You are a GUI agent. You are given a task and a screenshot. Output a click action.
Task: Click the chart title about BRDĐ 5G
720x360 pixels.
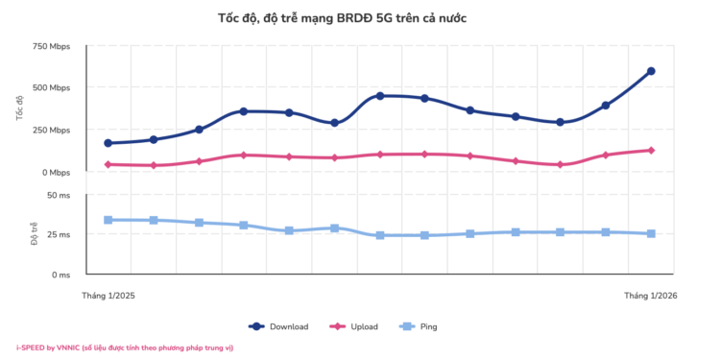pyautogui.click(x=342, y=18)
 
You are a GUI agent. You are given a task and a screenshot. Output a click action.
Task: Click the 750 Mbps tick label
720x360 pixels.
pyautogui.click(x=51, y=46)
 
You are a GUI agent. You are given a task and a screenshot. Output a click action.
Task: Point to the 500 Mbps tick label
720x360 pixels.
pyautogui.click(x=51, y=88)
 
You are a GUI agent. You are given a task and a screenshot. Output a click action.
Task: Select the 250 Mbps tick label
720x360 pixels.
pyautogui.click(x=51, y=131)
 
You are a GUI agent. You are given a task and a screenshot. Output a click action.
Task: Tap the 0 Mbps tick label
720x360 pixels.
pyautogui.click(x=55, y=173)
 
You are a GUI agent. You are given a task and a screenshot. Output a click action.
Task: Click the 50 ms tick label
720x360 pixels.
pyautogui.click(x=58, y=195)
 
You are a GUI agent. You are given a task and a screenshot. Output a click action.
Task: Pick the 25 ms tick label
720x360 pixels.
pyautogui.click(x=58, y=234)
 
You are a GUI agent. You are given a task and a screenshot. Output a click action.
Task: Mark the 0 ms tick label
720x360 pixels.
pyautogui.click(x=60, y=275)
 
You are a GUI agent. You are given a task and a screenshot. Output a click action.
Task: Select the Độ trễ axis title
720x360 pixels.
pyautogui.click(x=34, y=234)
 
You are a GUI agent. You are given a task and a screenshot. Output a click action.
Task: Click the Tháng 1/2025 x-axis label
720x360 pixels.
pyautogui.click(x=108, y=296)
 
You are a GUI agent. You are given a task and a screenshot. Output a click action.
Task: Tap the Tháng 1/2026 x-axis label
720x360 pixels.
pyautogui.click(x=651, y=296)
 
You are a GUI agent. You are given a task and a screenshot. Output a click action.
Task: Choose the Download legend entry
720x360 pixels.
pyautogui.click(x=279, y=326)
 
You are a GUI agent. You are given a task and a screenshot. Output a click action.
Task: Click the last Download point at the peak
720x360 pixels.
pyautogui.click(x=651, y=71)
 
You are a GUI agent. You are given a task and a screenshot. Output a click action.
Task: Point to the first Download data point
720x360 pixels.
pyautogui.click(x=108, y=143)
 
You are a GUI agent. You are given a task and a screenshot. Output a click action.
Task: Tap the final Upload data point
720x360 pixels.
pyautogui.click(x=651, y=150)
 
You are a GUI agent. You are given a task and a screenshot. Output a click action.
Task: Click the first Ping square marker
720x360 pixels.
pyautogui.click(x=108, y=220)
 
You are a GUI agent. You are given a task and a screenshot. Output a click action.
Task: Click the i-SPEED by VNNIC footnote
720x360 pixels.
pyautogui.click(x=125, y=348)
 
